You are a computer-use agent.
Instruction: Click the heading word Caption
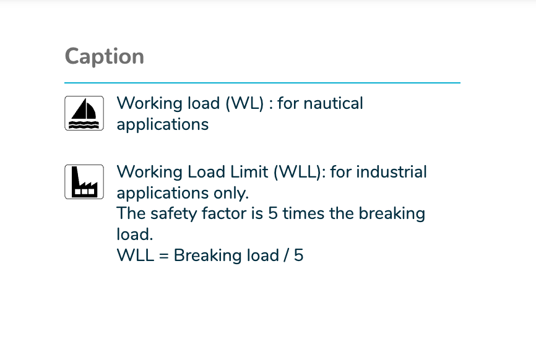[x=104, y=57]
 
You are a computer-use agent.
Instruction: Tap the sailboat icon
[x=84, y=113]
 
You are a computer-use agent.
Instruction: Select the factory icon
[x=84, y=182]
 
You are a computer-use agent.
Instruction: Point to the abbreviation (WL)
[x=244, y=103]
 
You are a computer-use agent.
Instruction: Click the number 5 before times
[x=273, y=213]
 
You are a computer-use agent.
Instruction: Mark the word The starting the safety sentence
[x=131, y=213]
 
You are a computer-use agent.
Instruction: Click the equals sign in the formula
[x=164, y=256]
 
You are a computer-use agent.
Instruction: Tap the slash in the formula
[x=285, y=255]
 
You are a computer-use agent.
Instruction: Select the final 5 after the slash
[x=299, y=255]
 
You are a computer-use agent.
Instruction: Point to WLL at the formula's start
[x=136, y=255]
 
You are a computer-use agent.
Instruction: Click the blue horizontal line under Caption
[x=262, y=83]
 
